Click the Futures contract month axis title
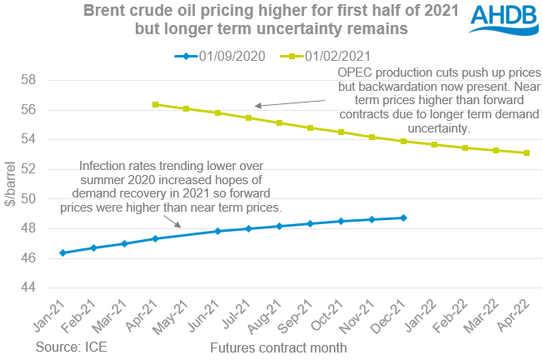(x=279, y=345)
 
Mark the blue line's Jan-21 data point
(x=63, y=252)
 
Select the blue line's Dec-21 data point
(x=404, y=217)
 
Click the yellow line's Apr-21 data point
(x=156, y=104)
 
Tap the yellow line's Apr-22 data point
(x=527, y=152)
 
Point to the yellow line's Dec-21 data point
(x=404, y=141)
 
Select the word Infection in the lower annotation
(x=102, y=166)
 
